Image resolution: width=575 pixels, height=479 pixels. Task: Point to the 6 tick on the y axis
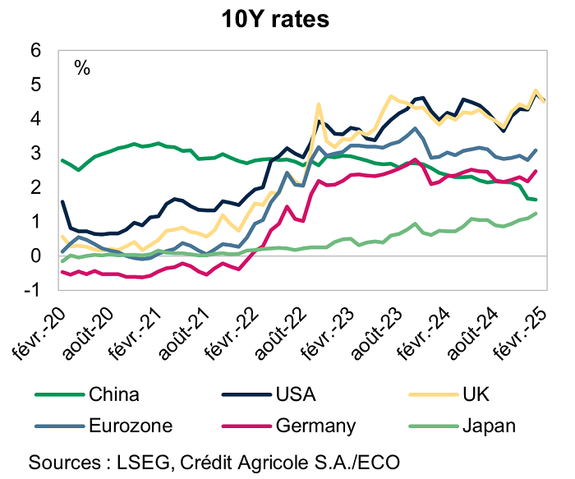coord(35,50)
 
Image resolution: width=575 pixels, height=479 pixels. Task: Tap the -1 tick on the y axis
coord(32,290)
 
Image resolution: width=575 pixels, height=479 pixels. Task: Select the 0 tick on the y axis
coord(35,256)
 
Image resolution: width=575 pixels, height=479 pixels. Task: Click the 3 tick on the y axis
coord(35,153)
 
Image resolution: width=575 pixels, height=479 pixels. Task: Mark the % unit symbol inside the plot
coord(81,67)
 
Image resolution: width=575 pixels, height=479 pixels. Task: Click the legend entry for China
coord(115,394)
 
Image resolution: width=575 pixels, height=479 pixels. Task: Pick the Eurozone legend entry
coord(131,426)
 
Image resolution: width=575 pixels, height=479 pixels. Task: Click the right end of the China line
coord(536,200)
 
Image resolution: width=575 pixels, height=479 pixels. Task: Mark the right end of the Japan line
coord(536,214)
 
